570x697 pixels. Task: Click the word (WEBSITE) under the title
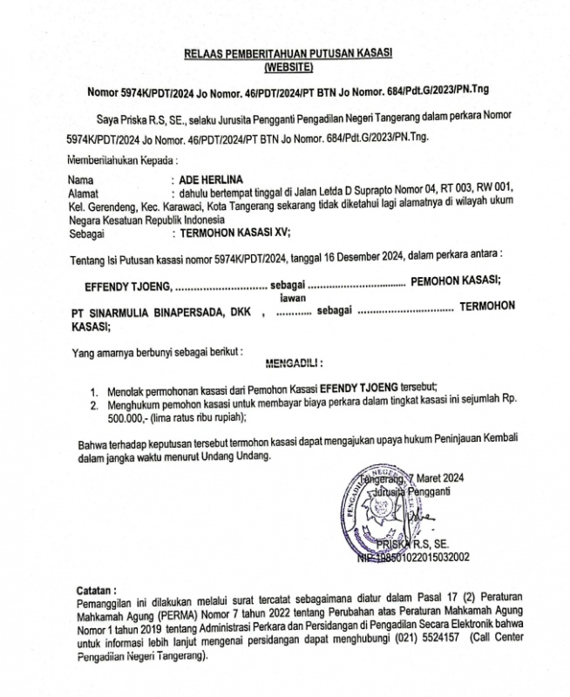tap(287, 66)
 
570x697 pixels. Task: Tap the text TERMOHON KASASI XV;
tap(234, 233)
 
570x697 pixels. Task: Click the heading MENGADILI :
tap(288, 361)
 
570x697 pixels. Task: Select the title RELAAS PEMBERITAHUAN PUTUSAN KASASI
tap(287, 54)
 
